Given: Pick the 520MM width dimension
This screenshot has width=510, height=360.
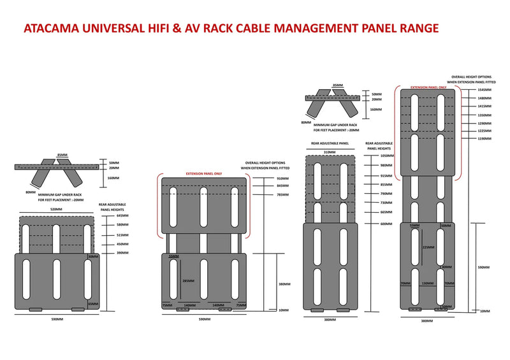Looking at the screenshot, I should click(56, 208).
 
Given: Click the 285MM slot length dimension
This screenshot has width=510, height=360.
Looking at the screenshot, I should click(187, 280).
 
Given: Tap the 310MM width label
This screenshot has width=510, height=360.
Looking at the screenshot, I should click(329, 152).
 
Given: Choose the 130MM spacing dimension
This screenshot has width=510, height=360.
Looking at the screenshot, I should click(426, 284).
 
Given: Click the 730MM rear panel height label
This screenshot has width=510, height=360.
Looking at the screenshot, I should click(386, 203).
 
